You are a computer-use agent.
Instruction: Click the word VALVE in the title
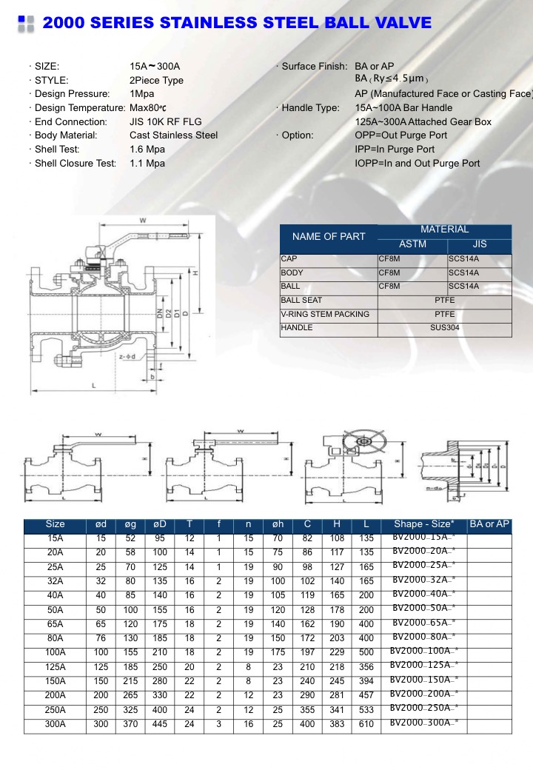397,23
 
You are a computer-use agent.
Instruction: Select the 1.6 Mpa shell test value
147,150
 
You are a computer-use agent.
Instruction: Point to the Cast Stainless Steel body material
173,135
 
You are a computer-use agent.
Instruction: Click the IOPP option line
418,164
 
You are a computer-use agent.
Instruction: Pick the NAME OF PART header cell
329,237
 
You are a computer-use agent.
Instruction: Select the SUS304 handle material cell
444,328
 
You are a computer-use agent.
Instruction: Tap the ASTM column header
412,244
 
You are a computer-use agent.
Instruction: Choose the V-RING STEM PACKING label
325,315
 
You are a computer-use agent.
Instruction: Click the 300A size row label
56,723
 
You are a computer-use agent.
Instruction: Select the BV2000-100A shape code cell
424,651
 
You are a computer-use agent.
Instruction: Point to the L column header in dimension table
366,524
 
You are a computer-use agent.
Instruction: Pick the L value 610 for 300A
366,723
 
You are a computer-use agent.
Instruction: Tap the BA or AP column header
490,524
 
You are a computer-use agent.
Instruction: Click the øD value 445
160,723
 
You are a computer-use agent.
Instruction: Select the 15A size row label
56,538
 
